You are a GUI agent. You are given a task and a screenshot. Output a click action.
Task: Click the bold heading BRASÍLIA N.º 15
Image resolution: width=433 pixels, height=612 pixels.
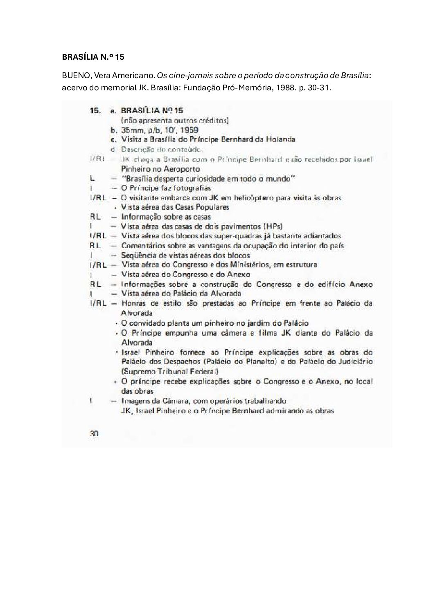coord(93,57)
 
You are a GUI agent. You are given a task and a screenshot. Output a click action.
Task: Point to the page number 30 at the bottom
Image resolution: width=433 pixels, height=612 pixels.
coord(94,434)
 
